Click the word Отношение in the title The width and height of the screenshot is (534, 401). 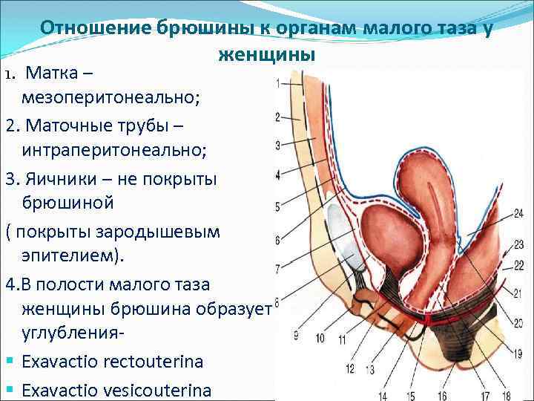[94, 27]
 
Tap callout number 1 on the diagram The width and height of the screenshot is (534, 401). [277, 84]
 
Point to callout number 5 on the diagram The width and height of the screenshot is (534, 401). [277, 206]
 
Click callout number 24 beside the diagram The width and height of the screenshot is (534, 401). [517, 214]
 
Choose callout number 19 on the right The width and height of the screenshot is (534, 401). [517, 355]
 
